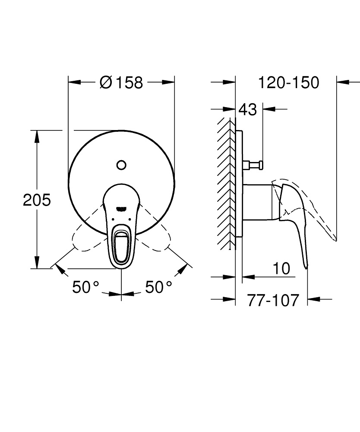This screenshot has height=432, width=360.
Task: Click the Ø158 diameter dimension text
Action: (121, 82)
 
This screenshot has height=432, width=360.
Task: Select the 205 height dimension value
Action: (37, 200)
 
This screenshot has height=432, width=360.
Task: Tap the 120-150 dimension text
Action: (288, 82)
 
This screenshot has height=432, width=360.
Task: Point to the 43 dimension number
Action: (247, 109)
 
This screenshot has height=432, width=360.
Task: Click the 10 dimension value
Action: (281, 269)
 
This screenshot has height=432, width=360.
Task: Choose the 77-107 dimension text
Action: (273, 299)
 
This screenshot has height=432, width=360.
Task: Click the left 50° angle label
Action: (85, 287)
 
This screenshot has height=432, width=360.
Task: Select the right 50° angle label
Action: (158, 287)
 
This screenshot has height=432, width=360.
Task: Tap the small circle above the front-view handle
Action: (121, 165)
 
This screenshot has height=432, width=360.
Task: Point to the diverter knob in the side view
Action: (255, 164)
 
